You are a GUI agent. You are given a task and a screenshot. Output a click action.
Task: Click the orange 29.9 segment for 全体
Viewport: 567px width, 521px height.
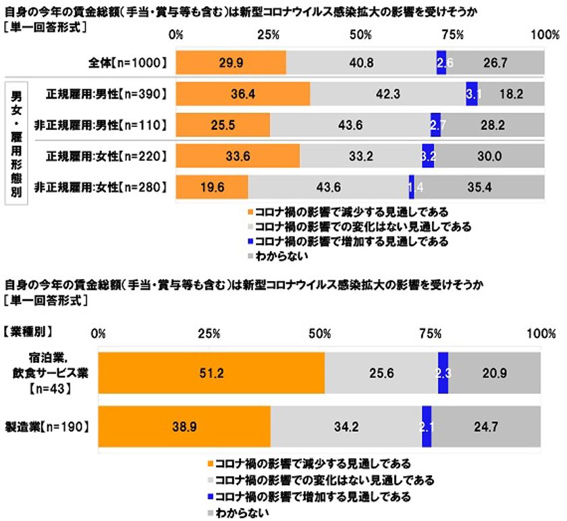pyautogui.click(x=231, y=62)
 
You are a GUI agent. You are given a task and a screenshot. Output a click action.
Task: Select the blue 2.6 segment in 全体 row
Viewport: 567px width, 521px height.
pyautogui.click(x=441, y=62)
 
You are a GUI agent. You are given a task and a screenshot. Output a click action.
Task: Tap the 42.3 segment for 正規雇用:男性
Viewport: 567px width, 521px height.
pyautogui.click(x=387, y=93)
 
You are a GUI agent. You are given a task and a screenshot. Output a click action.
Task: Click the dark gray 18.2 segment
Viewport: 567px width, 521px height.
pyautogui.click(x=511, y=93)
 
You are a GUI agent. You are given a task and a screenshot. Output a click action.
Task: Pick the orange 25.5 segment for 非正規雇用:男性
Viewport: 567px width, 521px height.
pyautogui.click(x=223, y=124)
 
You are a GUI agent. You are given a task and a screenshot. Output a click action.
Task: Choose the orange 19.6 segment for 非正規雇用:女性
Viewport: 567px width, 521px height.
pyautogui.click(x=212, y=187)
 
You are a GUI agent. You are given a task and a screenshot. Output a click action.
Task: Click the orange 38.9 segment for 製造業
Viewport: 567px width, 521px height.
pyautogui.click(x=184, y=426)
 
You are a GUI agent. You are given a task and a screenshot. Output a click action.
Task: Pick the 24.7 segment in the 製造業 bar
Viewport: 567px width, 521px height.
pyautogui.click(x=487, y=426)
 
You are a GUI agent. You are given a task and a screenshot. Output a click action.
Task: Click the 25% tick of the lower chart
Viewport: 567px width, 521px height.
pyautogui.click(x=209, y=332)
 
